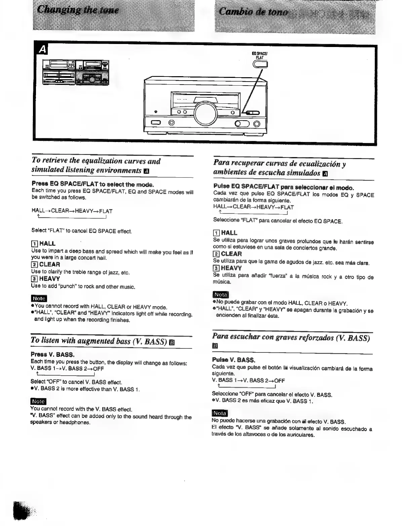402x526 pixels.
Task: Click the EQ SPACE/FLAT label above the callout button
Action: [259, 55]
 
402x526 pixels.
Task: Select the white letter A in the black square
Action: [42, 50]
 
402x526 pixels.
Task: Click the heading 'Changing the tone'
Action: [78, 10]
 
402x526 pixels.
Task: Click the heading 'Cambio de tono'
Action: [253, 12]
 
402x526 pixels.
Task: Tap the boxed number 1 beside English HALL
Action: [35, 243]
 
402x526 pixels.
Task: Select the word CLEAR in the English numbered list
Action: [49, 265]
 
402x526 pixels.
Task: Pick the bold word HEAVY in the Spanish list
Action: [231, 268]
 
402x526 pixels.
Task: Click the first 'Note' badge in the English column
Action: [39, 298]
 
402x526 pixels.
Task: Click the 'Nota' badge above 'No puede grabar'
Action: [221, 294]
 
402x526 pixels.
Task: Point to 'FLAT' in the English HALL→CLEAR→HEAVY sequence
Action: [106, 211]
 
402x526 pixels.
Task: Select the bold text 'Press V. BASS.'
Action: [52, 354]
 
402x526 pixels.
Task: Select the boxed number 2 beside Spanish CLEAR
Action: [216, 254]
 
